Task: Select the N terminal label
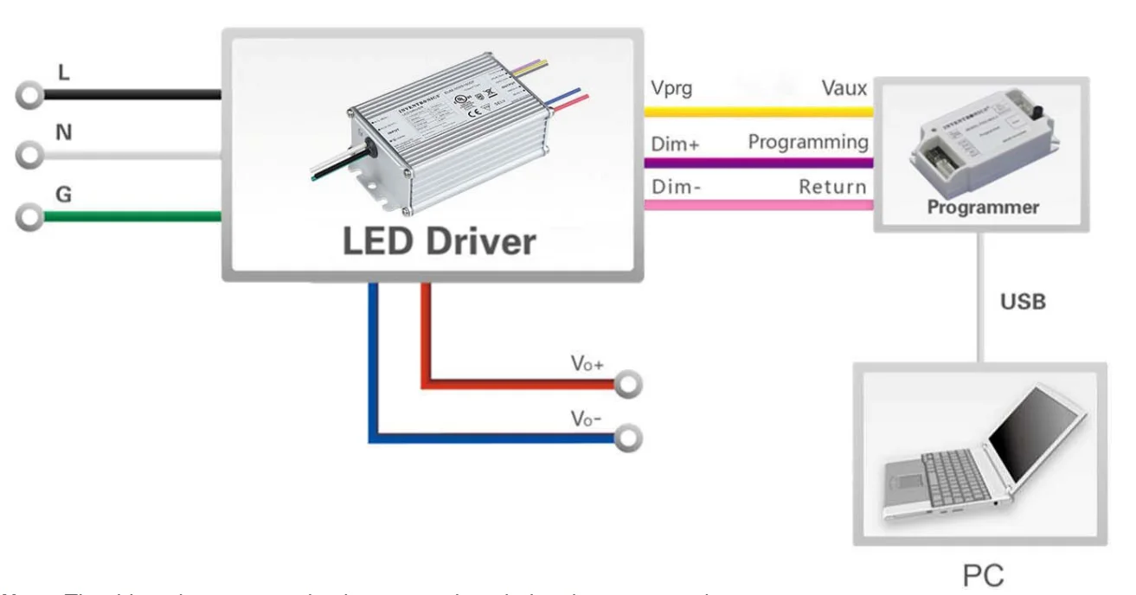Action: point(64,133)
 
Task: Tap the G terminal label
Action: point(64,195)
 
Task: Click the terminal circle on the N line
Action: point(31,156)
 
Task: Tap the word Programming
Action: point(807,141)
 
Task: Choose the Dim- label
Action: point(675,186)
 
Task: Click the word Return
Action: point(832,185)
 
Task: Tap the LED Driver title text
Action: point(440,241)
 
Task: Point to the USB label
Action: point(1023,302)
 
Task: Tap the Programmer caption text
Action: point(983,208)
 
